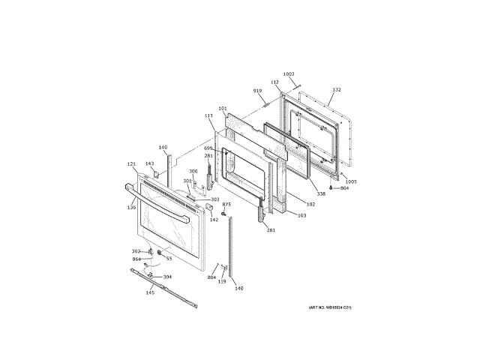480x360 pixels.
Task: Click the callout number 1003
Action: point(289,74)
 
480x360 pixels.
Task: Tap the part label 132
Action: point(337,90)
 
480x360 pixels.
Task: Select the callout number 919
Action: point(258,91)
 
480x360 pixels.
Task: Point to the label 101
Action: point(223,109)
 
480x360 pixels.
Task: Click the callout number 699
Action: point(208,148)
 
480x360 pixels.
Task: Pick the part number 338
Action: point(321,194)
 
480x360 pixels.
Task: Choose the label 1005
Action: point(352,181)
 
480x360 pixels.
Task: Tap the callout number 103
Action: point(301,215)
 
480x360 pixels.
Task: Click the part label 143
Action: point(149,163)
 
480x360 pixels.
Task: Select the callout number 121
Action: point(131,164)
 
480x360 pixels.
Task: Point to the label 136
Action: point(131,208)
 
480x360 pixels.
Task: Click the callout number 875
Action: point(226,204)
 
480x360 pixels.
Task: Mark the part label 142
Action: point(214,220)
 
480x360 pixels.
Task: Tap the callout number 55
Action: point(169,259)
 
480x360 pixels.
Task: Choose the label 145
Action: point(150,292)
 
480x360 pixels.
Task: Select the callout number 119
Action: point(222,281)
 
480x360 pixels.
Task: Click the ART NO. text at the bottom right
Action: point(329,308)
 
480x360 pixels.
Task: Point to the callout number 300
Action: point(193,172)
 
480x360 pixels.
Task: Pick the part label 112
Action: point(274,82)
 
